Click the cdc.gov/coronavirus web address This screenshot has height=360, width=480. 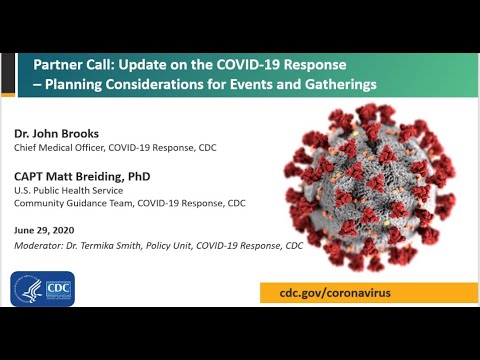tap(338, 293)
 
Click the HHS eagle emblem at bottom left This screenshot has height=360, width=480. tap(29, 290)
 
